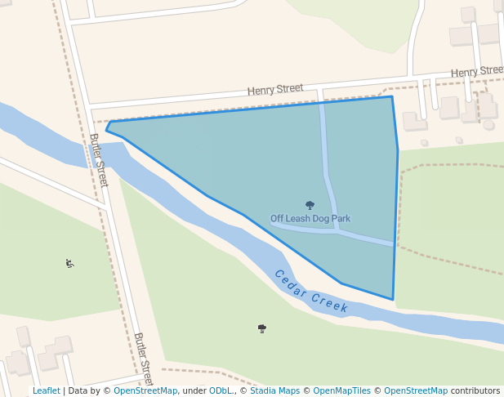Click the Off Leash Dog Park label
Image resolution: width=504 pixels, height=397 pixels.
310,219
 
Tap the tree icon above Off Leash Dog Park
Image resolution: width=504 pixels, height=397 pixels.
310,206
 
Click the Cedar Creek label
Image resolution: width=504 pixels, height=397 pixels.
311,292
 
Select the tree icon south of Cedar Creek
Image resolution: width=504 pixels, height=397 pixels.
262,328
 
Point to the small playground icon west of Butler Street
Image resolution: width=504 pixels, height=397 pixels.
70,263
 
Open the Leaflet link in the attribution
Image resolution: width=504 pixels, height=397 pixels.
46,391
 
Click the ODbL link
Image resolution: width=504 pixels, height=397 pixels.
221,391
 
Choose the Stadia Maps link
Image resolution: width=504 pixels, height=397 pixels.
274,391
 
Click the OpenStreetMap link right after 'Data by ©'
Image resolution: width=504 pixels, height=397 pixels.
145,391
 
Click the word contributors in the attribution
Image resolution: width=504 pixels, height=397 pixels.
475,391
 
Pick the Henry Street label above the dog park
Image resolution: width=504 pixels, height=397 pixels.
276,88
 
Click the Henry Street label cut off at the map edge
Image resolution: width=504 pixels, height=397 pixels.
477,72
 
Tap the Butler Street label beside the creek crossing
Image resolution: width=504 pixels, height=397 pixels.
99,159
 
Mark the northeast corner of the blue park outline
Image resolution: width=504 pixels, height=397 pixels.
392,97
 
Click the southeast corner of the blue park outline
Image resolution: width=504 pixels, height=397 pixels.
393,299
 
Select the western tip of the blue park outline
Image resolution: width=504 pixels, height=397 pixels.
106,129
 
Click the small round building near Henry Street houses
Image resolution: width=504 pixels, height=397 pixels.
489,125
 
